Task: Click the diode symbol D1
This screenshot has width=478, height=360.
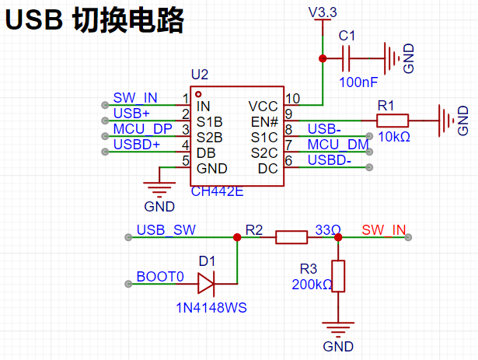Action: point(207,284)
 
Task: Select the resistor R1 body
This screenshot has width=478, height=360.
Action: point(393,121)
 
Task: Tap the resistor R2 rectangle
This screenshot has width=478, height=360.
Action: point(291,237)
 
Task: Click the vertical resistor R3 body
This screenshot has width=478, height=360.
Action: point(338,276)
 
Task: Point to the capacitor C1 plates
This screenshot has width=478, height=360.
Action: point(346,58)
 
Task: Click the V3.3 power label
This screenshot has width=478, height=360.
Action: point(323,12)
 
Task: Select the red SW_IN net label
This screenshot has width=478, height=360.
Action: point(384,229)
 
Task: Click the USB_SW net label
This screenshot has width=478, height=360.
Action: point(166,229)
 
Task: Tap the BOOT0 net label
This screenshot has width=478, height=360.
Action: point(160,277)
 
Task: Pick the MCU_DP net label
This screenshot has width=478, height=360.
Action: point(143,129)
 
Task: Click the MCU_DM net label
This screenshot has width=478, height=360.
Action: point(338,145)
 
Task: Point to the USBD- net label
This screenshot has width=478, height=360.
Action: point(330,160)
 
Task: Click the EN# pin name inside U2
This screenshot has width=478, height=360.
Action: point(264,122)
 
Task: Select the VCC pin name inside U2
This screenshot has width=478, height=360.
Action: point(263,107)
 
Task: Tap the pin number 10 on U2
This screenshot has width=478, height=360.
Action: point(292,99)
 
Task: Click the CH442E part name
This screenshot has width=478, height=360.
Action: point(217,191)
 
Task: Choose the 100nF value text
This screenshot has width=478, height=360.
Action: point(358,82)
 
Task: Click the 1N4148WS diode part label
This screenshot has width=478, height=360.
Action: point(211,308)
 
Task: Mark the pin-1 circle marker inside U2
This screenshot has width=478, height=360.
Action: point(198,94)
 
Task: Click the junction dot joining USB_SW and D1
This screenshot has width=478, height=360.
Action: point(237,237)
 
